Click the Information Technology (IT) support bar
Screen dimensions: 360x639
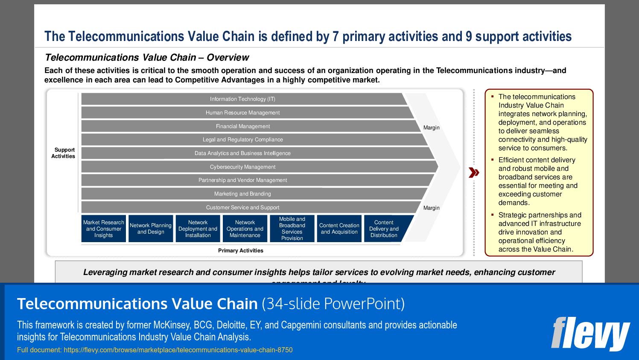point(242,99)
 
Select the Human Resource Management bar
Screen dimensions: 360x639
point(242,113)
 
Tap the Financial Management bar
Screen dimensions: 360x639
point(242,126)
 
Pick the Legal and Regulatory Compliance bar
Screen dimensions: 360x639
point(242,140)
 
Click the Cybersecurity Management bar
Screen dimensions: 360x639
point(242,167)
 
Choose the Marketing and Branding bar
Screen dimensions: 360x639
point(242,194)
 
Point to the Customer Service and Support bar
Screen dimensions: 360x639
point(242,208)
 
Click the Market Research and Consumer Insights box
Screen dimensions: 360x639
point(104,229)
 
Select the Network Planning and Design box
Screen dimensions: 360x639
point(151,229)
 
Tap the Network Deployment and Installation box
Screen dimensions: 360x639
point(198,229)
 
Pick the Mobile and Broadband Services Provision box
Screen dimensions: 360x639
point(292,229)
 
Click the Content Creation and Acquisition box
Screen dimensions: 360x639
point(339,229)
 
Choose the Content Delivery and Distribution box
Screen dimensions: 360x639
point(384,229)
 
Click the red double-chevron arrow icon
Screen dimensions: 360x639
point(474,173)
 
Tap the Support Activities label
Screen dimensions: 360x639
point(63,153)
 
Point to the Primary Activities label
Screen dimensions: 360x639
point(241,251)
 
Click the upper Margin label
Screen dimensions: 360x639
point(431,128)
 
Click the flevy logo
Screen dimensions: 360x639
point(590,334)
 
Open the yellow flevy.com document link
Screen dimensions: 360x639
point(155,350)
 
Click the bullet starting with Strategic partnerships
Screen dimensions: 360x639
point(540,232)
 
